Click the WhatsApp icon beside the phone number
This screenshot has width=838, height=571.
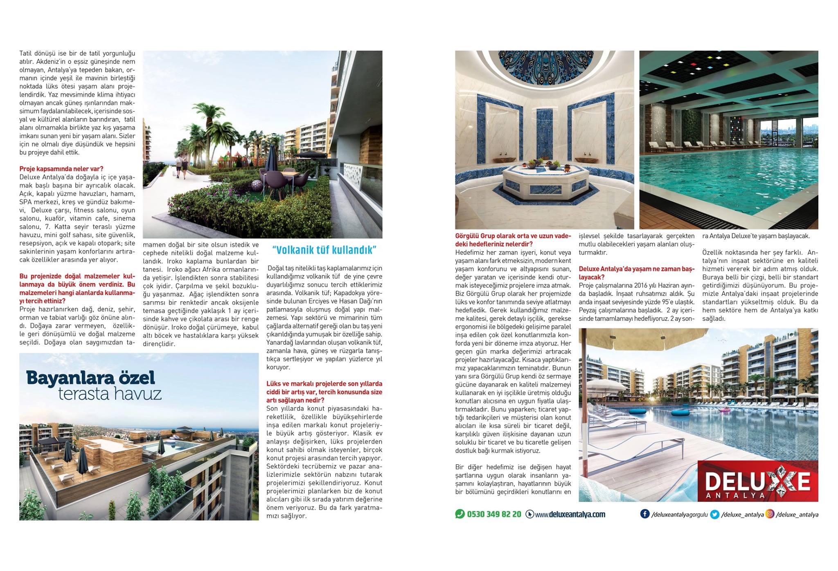tap(460, 514)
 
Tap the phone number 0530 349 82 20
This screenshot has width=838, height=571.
tap(494, 514)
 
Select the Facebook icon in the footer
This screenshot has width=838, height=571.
tap(644, 514)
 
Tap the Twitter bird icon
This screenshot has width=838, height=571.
tap(714, 515)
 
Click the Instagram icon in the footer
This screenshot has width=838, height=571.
tap(770, 514)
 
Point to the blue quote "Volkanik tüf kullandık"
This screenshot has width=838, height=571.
tap(324, 250)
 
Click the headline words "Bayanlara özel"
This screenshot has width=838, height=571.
tap(90, 378)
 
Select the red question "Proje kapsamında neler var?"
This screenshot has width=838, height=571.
tap(61, 169)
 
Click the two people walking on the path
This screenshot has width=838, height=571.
tap(181, 168)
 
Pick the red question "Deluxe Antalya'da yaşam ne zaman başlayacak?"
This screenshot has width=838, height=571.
tap(636, 273)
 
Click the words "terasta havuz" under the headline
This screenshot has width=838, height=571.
tap(110, 394)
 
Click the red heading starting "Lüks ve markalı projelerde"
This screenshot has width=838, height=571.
tap(324, 392)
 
